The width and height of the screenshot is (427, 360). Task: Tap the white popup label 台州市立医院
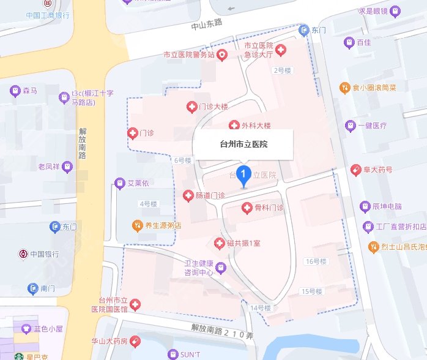[x=243, y=145]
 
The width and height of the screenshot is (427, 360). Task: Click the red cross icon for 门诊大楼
[x=191, y=107]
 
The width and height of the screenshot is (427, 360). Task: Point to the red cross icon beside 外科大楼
[x=234, y=126]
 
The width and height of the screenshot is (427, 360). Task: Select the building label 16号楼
[x=315, y=261]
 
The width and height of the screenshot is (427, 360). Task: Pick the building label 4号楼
[x=149, y=204]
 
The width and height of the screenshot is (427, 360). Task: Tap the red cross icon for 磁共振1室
[x=219, y=244]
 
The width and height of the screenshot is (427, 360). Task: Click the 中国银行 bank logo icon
[x=23, y=253]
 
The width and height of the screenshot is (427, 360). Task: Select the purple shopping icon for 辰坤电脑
[x=365, y=206]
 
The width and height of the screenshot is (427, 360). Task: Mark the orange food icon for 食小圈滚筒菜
[x=345, y=88]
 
